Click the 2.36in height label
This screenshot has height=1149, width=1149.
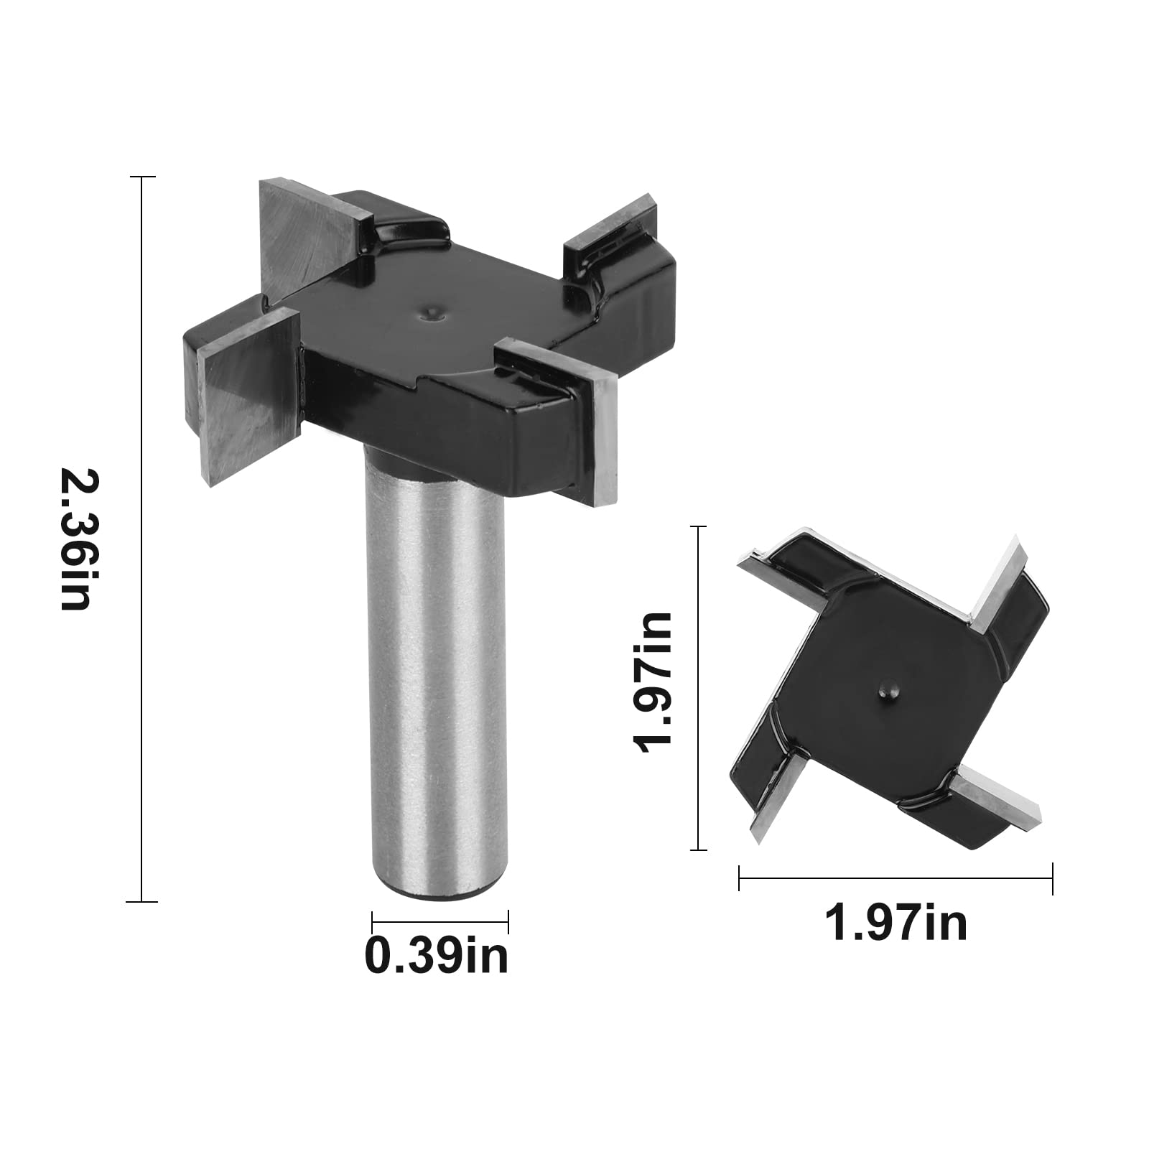tap(76, 539)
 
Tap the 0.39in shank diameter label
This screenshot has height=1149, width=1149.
tap(437, 954)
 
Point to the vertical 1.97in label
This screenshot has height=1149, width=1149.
tap(651, 683)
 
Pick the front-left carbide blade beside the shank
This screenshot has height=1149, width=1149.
tap(248, 396)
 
